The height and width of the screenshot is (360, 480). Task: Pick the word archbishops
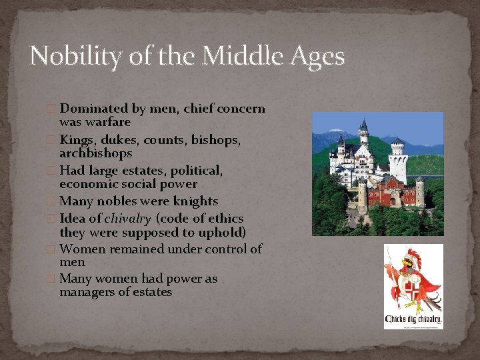point(95,153)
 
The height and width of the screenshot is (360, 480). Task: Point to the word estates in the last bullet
point(153,292)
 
